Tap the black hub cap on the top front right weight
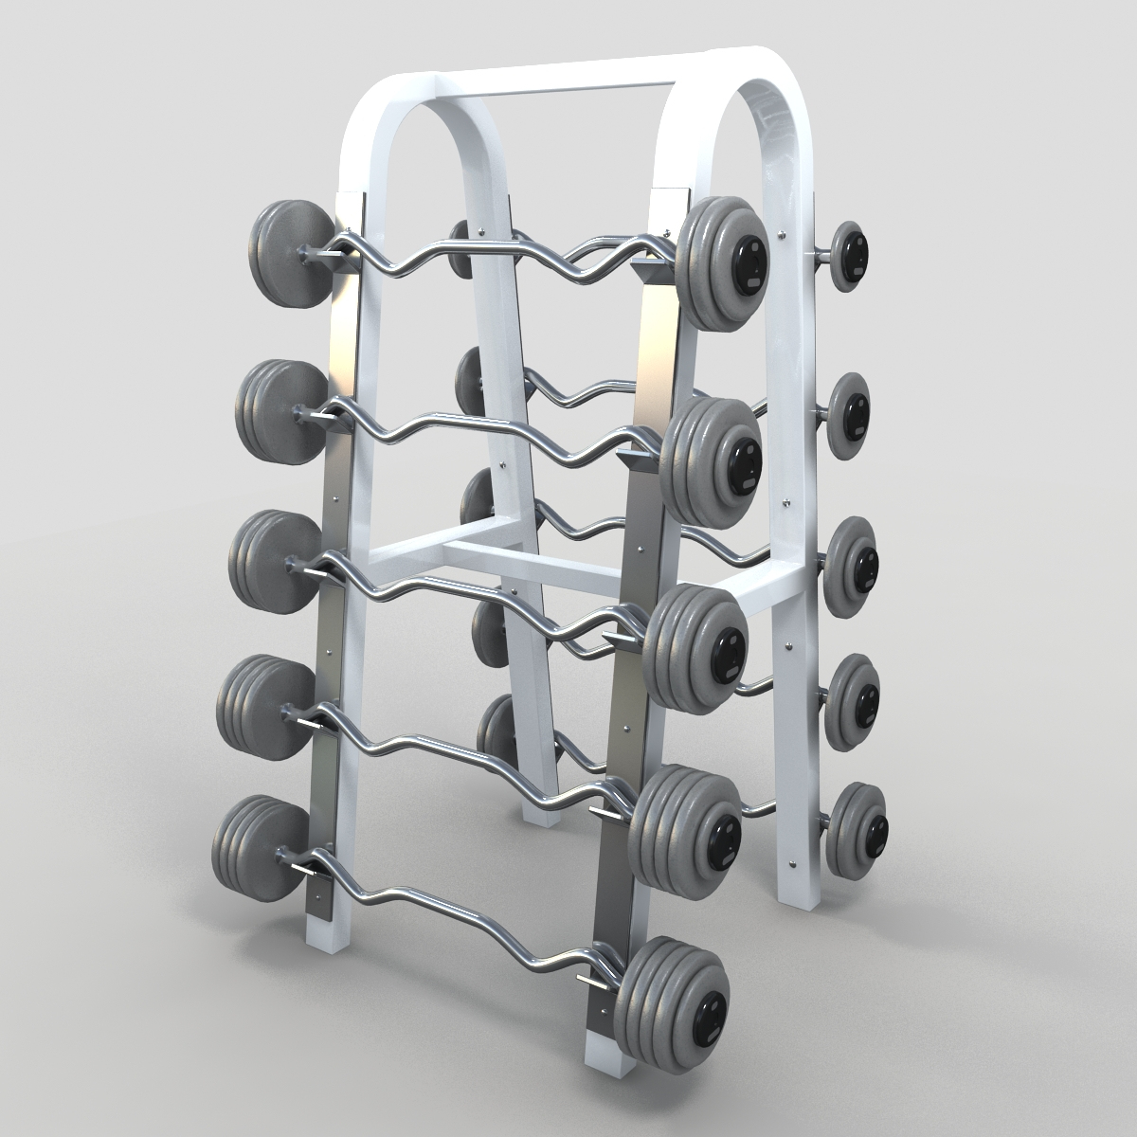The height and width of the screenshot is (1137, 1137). [x=749, y=257]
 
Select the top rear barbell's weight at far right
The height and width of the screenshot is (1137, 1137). [x=847, y=255]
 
